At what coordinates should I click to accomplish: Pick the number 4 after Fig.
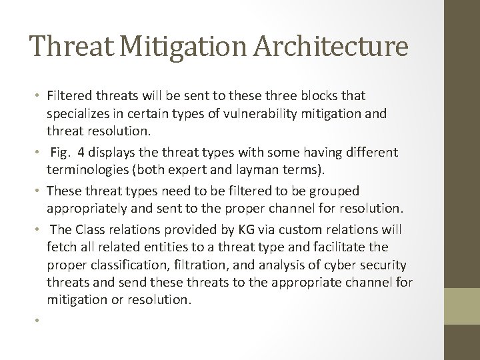tap(83, 153)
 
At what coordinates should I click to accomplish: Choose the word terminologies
tap(90, 169)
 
